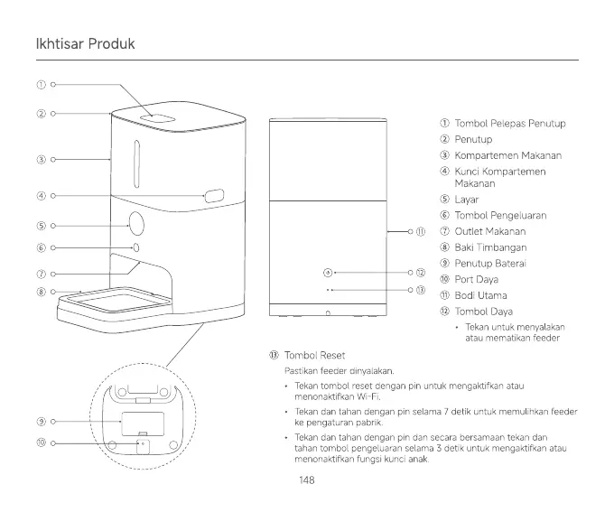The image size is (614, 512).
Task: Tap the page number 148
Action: [306, 479]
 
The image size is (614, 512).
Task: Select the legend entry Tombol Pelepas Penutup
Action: [509, 123]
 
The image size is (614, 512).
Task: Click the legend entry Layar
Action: [466, 199]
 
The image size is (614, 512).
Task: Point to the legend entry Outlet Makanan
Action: [489, 231]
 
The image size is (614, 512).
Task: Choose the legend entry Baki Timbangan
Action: [490, 247]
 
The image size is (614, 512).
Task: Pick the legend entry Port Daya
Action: [476, 279]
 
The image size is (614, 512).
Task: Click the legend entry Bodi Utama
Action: [480, 295]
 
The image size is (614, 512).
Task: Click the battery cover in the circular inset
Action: [143, 423]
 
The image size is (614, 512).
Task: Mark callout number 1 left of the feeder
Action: [41, 84]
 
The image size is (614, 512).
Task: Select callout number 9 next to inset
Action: [41, 422]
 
